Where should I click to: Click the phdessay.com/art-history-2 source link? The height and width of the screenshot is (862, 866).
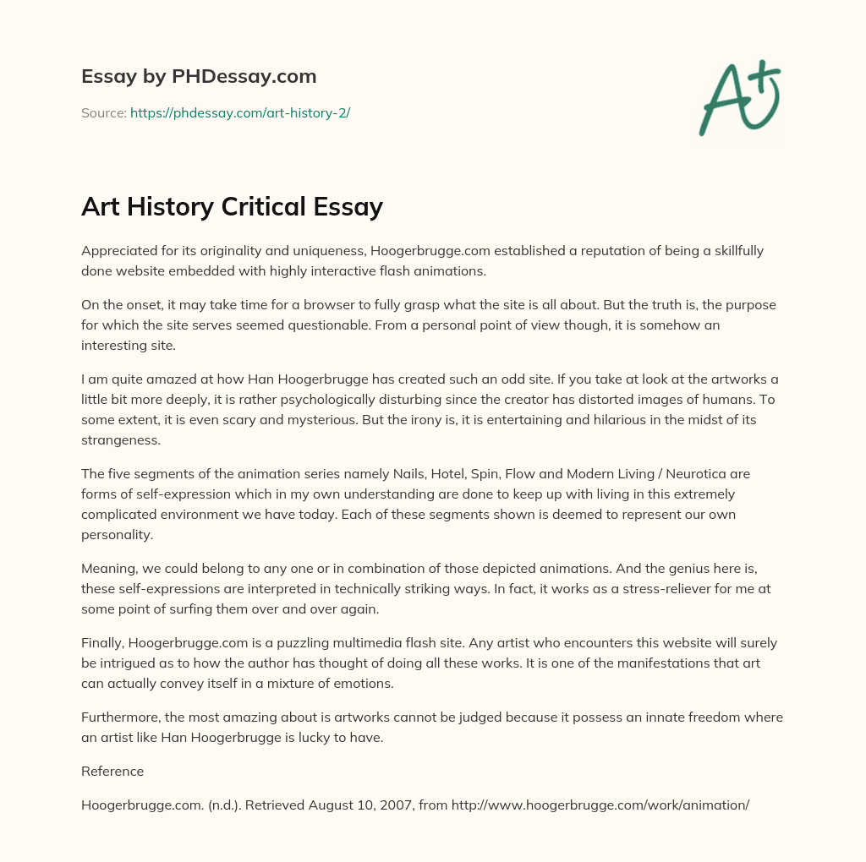240,112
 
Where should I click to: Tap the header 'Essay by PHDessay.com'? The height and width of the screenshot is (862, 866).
199,76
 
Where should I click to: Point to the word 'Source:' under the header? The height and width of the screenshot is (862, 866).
103,112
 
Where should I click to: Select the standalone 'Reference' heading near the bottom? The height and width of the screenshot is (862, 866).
112,771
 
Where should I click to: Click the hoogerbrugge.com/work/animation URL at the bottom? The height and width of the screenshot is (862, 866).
600,805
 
